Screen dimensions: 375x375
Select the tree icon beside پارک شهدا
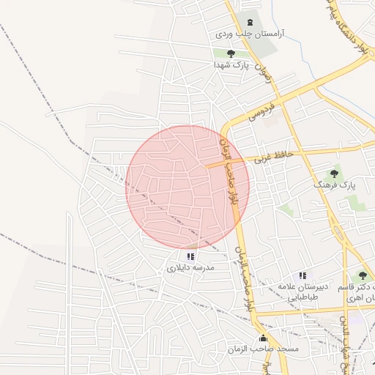(x=231, y=53)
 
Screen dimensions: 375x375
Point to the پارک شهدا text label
(x=231, y=64)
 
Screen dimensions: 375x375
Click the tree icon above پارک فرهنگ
(x=334, y=174)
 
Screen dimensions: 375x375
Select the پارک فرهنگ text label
(x=334, y=185)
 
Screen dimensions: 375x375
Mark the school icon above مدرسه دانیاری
(x=191, y=256)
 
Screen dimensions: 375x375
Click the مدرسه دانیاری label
(x=190, y=268)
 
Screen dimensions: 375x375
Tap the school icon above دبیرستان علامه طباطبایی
(x=302, y=275)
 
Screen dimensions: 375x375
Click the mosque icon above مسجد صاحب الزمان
(x=264, y=338)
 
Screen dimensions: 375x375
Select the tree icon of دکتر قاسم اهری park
(x=363, y=276)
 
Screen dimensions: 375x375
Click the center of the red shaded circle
(x=187, y=187)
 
